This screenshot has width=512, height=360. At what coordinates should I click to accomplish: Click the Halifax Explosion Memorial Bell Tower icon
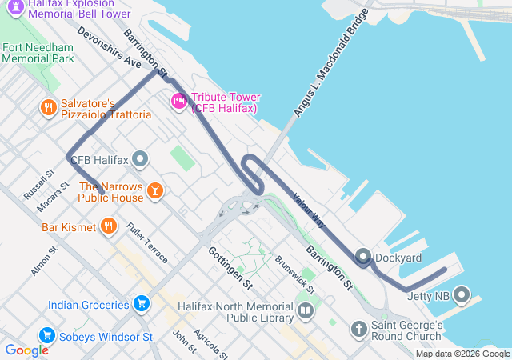(x=14, y=9)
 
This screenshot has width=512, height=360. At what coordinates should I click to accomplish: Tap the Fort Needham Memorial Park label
(x=38, y=53)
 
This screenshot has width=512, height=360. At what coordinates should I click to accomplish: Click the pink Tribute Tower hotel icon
(x=178, y=101)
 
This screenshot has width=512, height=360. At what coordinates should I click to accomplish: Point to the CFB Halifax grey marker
(x=141, y=159)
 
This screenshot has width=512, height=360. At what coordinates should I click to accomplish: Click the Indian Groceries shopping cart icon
(x=141, y=304)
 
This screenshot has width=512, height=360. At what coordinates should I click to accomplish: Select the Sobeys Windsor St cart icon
(x=47, y=336)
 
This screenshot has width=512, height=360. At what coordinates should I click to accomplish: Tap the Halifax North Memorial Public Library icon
(x=305, y=310)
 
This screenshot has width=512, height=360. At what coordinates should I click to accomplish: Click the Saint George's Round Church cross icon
(x=359, y=329)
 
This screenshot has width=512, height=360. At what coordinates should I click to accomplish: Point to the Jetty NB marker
(x=461, y=296)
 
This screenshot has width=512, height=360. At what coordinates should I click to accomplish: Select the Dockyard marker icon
(x=363, y=257)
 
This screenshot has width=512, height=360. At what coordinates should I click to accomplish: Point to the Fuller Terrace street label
(x=147, y=242)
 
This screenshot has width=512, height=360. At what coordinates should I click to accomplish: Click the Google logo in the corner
(x=26, y=350)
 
